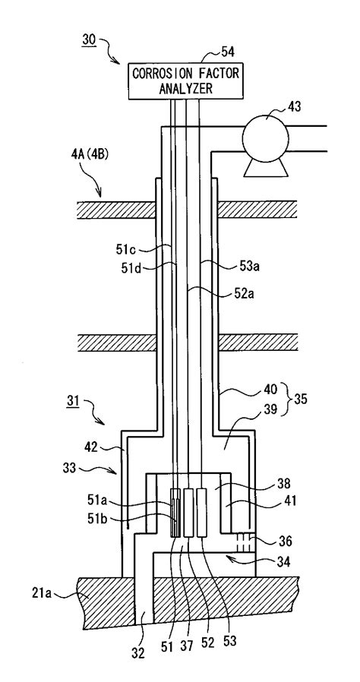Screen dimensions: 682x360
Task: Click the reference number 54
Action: (x=226, y=52)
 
